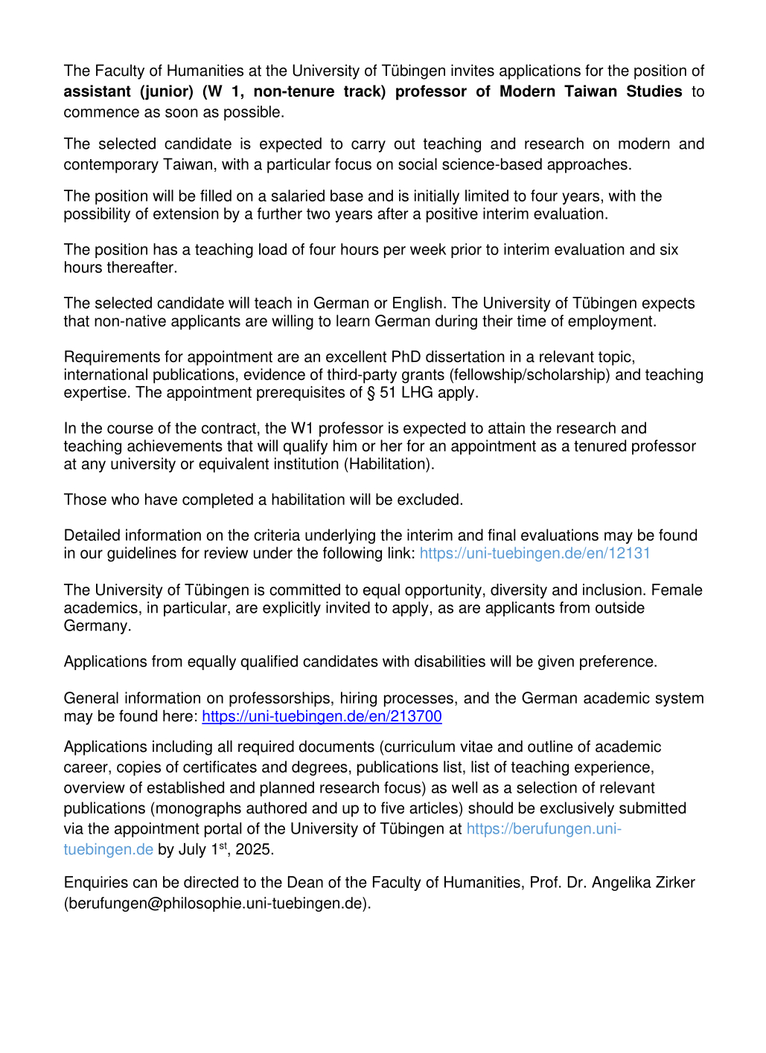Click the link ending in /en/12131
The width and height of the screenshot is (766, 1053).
coord(534,553)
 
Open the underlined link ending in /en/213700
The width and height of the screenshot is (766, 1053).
coord(322,716)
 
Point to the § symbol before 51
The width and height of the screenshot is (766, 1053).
coord(371,393)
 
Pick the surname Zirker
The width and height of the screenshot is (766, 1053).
coord(671,883)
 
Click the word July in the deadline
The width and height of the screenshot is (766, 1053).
coord(192,849)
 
